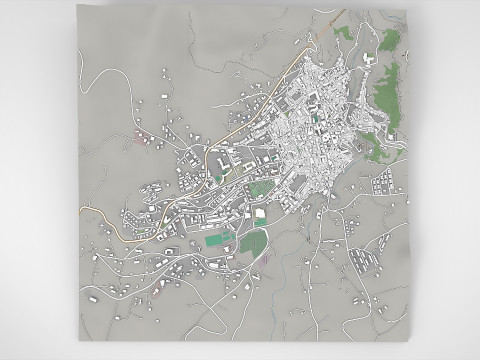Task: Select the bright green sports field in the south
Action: [214, 240]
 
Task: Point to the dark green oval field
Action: [261, 186]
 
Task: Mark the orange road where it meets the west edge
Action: [79, 206]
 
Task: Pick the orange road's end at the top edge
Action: [318, 22]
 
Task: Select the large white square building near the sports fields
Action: [260, 212]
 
